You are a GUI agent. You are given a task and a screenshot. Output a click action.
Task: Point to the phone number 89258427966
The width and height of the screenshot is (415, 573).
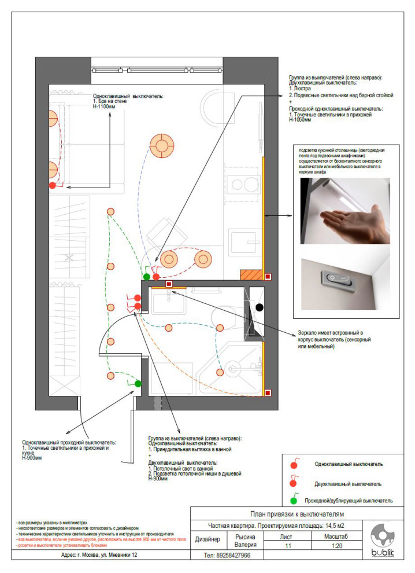coord(227,556)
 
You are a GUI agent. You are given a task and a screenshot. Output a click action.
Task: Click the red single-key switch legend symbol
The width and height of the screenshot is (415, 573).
coord(294,464)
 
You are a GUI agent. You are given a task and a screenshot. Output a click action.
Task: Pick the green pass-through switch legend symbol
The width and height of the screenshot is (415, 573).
coord(294,501)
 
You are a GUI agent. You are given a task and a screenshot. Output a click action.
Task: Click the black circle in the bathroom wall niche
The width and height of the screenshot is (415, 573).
coord(260,308)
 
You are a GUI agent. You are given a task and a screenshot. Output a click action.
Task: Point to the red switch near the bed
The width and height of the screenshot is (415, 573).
coord(52,185)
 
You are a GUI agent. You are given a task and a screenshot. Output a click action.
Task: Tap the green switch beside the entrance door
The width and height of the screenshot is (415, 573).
coord(138,383)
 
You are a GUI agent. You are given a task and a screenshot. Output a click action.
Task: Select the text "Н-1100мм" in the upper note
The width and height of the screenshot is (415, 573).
coord(105,107)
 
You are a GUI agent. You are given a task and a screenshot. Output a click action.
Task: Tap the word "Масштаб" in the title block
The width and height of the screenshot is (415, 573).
coord(329,537)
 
